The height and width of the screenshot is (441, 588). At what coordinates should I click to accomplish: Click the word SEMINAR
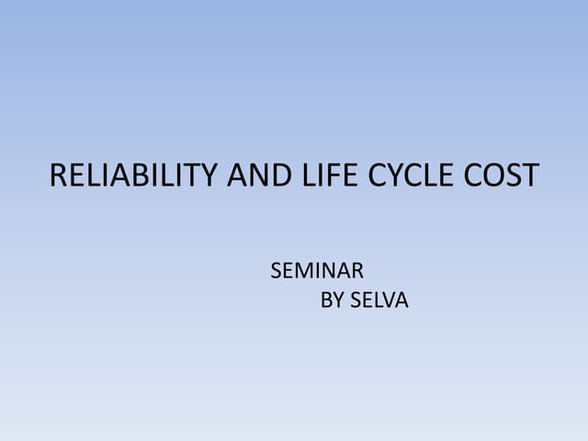coord(317,271)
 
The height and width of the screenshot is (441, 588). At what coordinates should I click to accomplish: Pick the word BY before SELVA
coord(333,300)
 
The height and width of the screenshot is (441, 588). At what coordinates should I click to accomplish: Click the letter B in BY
coord(326,300)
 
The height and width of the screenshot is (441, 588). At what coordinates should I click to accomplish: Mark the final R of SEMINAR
coord(357,271)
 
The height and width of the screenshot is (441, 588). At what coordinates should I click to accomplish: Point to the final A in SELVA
coord(401,300)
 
